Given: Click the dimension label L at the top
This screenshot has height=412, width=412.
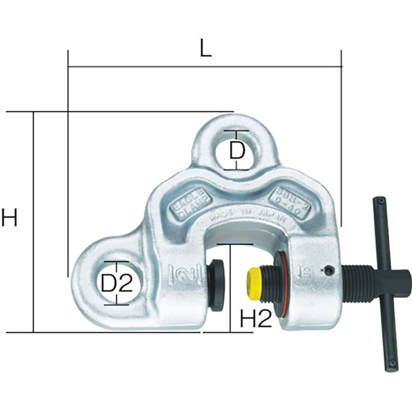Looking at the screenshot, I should (206, 49).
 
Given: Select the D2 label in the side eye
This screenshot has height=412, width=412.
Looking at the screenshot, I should (116, 283).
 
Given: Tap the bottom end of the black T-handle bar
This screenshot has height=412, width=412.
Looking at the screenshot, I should (393, 365).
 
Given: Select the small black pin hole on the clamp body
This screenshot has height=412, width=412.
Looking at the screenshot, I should (328, 271).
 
